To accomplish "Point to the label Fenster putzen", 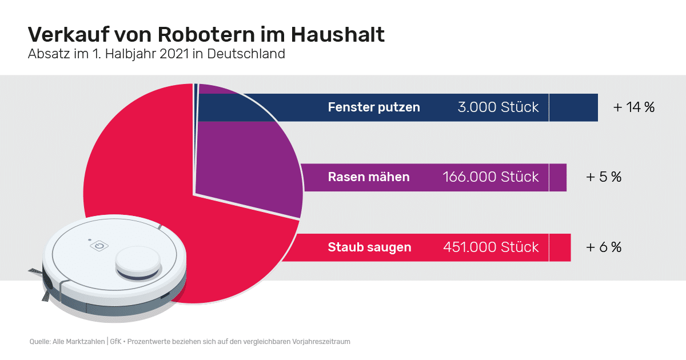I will coord(374,107).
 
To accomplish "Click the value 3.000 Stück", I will coord(498,107).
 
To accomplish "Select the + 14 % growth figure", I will coord(633,107).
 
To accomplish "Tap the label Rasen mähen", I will coord(369,177).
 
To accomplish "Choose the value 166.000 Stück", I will coord(490,177).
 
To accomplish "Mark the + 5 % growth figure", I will coord(604,177).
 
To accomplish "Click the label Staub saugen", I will coord(369,247).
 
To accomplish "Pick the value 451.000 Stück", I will coord(490,247).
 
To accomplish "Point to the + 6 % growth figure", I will coord(604,247).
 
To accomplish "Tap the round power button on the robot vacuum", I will coord(98,246).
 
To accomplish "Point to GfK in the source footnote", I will coord(115,342).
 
